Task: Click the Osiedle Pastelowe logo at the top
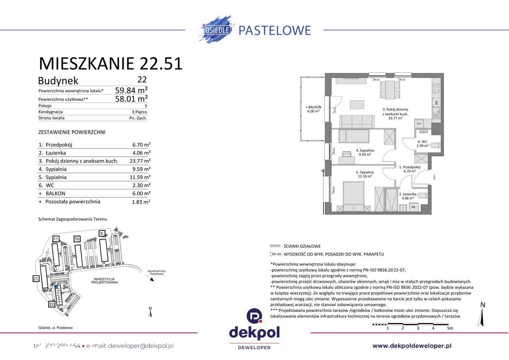[x=254, y=29]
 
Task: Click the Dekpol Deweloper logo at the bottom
[x=254, y=330]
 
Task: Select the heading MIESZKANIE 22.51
[x=111, y=64]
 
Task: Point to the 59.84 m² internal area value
[x=131, y=90]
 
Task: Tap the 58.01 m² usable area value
[x=131, y=98]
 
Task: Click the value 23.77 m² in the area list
[x=141, y=161]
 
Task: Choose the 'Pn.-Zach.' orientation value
[x=138, y=118]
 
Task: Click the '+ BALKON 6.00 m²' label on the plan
[x=313, y=110]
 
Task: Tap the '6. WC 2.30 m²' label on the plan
[x=422, y=144]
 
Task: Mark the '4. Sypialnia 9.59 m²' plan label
[x=365, y=153]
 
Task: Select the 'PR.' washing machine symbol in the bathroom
[x=414, y=207]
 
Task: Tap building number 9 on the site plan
[x=102, y=233]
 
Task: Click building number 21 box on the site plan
[x=36, y=279]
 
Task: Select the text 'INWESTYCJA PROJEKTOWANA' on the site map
[x=105, y=280]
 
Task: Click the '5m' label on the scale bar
[x=450, y=329]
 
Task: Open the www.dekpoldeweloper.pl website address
[x=412, y=346]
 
